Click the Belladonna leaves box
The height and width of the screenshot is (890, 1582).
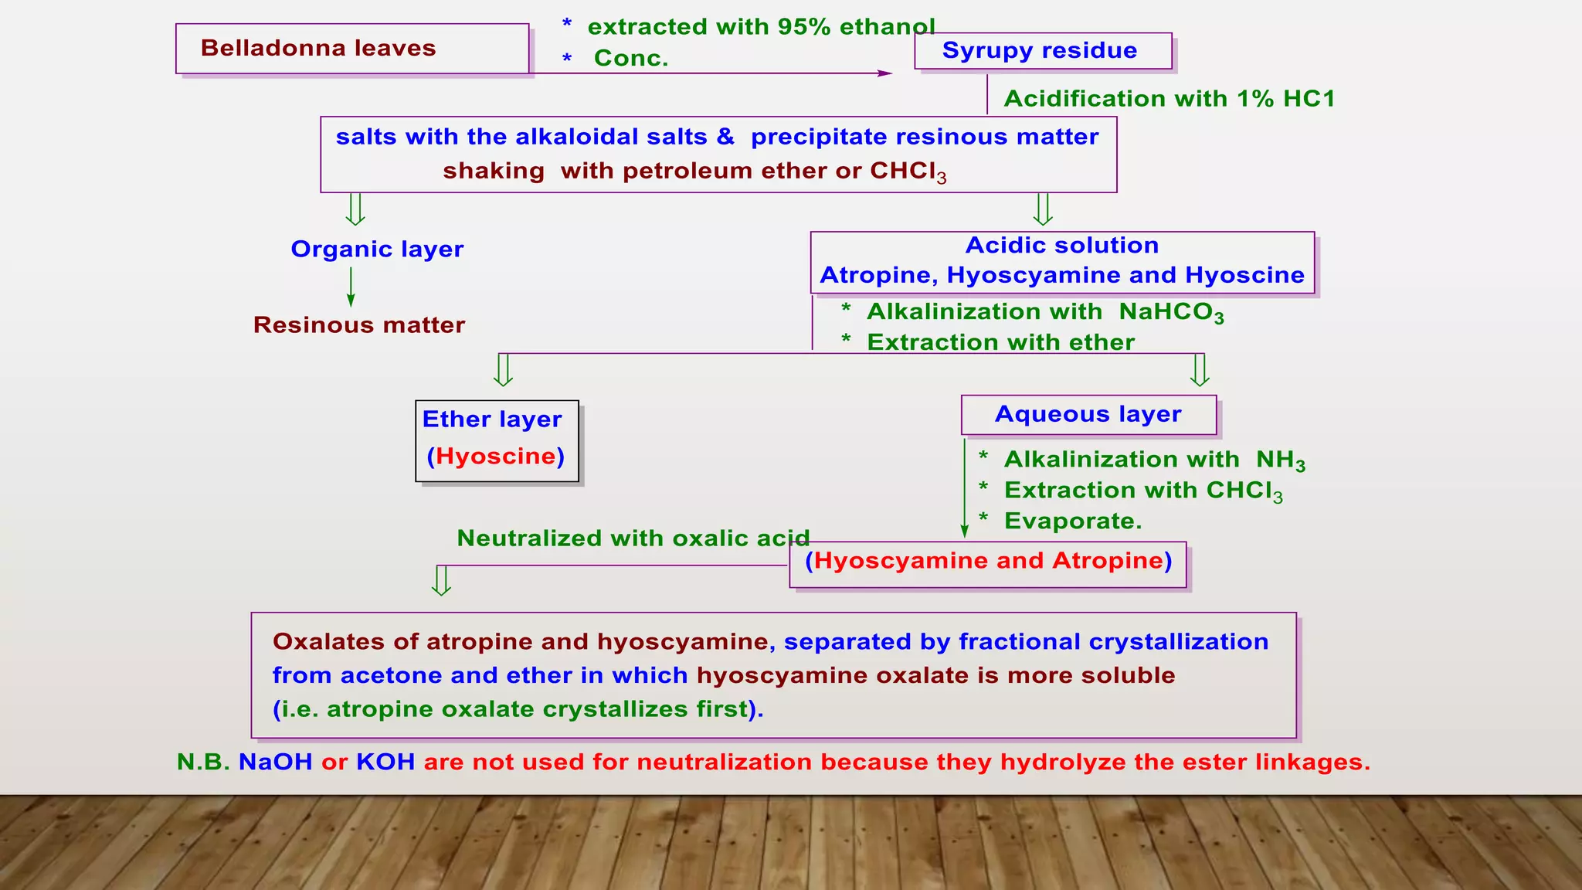click(x=352, y=49)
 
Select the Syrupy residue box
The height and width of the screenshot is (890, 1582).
click(x=1042, y=51)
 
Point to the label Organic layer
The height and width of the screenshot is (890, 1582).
click(x=377, y=249)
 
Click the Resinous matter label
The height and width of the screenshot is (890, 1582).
click(x=359, y=324)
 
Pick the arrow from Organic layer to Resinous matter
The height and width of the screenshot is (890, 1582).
click(x=351, y=287)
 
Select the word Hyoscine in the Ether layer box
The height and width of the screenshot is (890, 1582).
click(x=496, y=456)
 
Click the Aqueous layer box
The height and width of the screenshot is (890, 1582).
click(x=1088, y=415)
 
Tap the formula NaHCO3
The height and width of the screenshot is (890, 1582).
click(x=1171, y=312)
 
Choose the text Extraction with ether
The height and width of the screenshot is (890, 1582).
click(x=1000, y=342)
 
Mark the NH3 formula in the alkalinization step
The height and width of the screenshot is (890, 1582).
click(x=1280, y=460)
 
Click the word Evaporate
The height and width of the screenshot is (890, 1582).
click(x=1072, y=521)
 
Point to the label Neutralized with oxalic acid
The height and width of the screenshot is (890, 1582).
click(x=633, y=538)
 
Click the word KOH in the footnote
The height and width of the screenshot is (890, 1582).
click(x=385, y=762)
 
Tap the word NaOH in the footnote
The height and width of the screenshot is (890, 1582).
click(x=275, y=762)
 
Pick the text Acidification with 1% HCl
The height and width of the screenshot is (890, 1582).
click(x=1169, y=99)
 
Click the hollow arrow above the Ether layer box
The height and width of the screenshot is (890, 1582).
click(x=503, y=369)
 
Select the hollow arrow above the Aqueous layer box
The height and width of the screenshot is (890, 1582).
click(x=1199, y=369)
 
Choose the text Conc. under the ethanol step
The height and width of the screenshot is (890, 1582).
click(x=630, y=58)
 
